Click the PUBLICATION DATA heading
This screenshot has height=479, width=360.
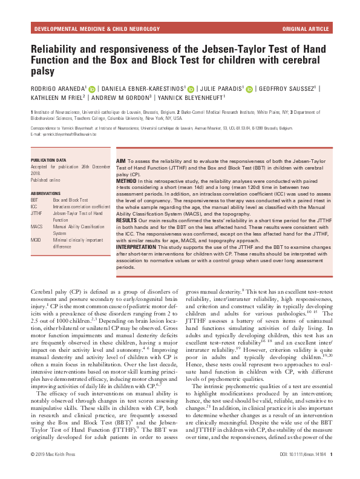[x=49, y=160]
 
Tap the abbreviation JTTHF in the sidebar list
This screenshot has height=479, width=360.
[x=38, y=213]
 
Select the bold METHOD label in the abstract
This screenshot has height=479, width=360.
[x=128, y=180]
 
